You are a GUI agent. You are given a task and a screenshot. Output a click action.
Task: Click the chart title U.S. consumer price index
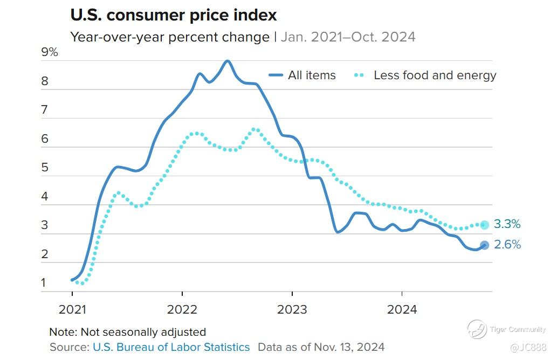click(174, 15)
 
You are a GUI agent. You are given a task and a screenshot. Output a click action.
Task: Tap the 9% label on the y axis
click(49, 52)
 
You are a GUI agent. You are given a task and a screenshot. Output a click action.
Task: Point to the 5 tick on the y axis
click(45, 168)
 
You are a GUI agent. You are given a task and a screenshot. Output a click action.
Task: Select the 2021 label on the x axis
click(72, 309)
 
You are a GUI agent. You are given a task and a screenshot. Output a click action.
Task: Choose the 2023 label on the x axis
click(292, 309)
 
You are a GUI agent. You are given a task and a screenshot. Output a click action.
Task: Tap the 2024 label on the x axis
click(402, 309)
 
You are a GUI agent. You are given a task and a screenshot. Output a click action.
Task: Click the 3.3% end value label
click(507, 225)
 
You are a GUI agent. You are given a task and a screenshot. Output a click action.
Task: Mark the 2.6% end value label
click(507, 245)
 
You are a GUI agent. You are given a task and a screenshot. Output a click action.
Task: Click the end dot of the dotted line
click(484, 225)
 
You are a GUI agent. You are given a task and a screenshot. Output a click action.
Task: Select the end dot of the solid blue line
click(484, 245)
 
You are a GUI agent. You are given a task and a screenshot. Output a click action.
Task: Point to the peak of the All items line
click(228, 61)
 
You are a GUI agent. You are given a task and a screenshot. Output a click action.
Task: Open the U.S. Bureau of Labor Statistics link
click(171, 347)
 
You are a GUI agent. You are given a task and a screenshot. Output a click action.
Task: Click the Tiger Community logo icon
click(477, 329)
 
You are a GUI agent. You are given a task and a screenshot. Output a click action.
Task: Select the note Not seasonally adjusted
click(127, 332)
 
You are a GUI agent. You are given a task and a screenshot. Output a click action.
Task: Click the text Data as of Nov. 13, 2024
click(321, 347)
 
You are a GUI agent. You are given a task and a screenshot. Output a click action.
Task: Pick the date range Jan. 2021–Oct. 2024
click(348, 37)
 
